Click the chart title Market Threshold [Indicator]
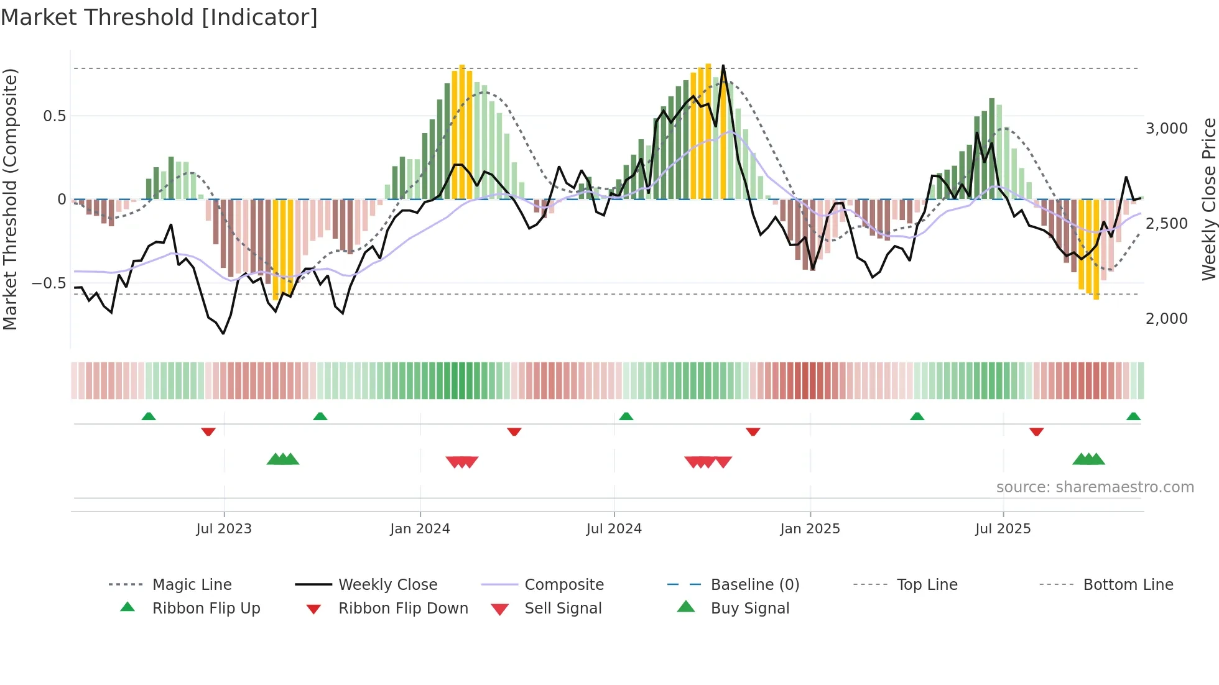tap(159, 17)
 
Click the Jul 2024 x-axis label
tap(614, 528)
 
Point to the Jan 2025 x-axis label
tap(810, 528)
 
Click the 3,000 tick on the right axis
tap(1166, 129)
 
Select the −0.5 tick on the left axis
tap(49, 283)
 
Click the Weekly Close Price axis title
tap(1208, 199)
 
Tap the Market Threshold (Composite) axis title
tap(10, 199)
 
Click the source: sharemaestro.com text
tap(1095, 487)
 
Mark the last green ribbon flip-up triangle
tap(1133, 416)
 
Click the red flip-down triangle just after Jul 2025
tap(1036, 431)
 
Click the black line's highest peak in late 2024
tap(723, 66)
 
